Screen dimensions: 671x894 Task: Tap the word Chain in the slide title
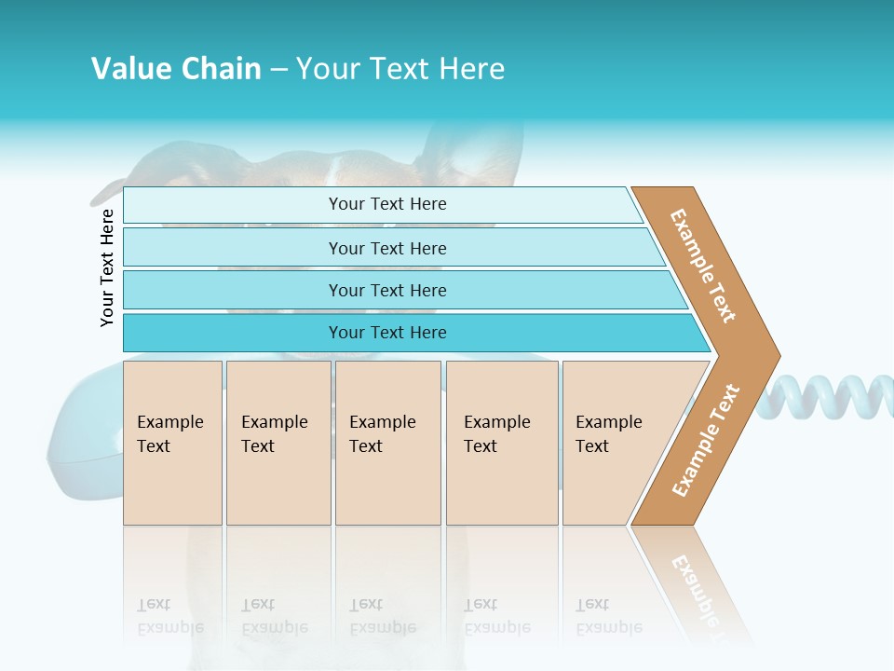coord(220,69)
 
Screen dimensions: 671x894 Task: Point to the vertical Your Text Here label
coord(107,267)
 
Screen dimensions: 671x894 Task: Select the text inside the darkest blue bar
coord(387,333)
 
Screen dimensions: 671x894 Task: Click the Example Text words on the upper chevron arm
coord(704,266)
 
